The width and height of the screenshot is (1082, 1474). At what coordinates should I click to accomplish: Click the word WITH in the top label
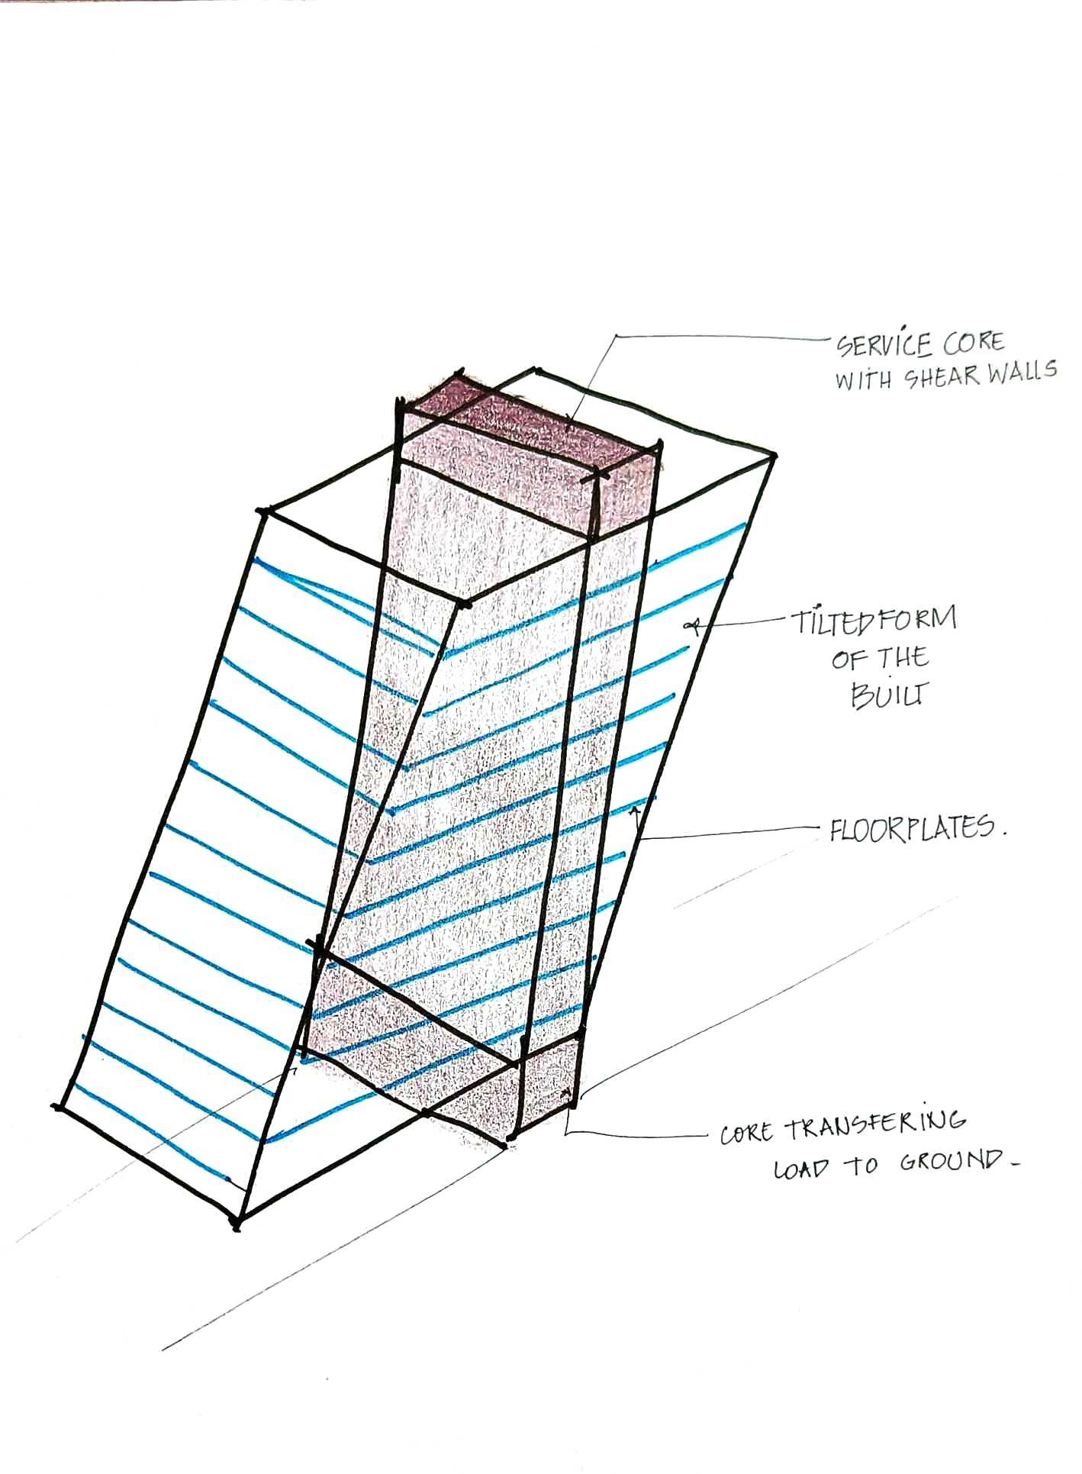862,380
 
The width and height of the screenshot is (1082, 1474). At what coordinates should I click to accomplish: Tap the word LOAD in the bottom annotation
801,1169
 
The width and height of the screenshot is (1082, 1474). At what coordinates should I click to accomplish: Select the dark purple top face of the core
527,427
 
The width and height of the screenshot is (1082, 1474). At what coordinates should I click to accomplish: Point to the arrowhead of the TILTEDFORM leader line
693,626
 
